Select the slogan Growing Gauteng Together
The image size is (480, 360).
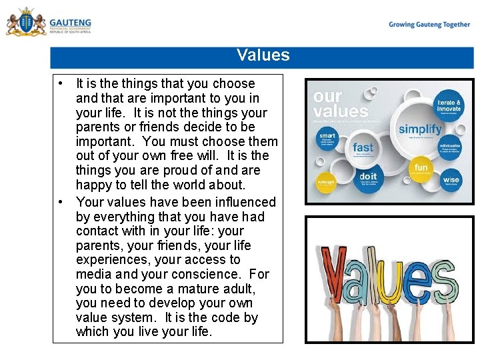tap(429, 25)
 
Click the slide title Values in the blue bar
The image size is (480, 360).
tap(263, 55)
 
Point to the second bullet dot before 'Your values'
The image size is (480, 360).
tap(61, 202)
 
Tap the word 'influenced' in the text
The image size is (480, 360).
tap(242, 202)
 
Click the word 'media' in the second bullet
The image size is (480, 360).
tap(93, 274)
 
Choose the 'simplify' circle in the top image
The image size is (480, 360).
tap(420, 129)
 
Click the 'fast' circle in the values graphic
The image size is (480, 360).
tap(363, 148)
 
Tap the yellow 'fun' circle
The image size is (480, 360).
tap(421, 167)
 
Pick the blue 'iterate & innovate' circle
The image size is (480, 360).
tap(449, 107)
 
